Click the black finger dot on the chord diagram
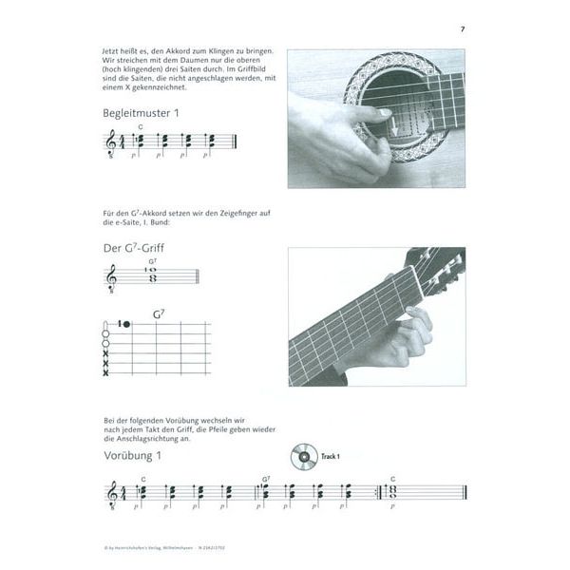125,325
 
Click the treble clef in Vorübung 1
111,493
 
